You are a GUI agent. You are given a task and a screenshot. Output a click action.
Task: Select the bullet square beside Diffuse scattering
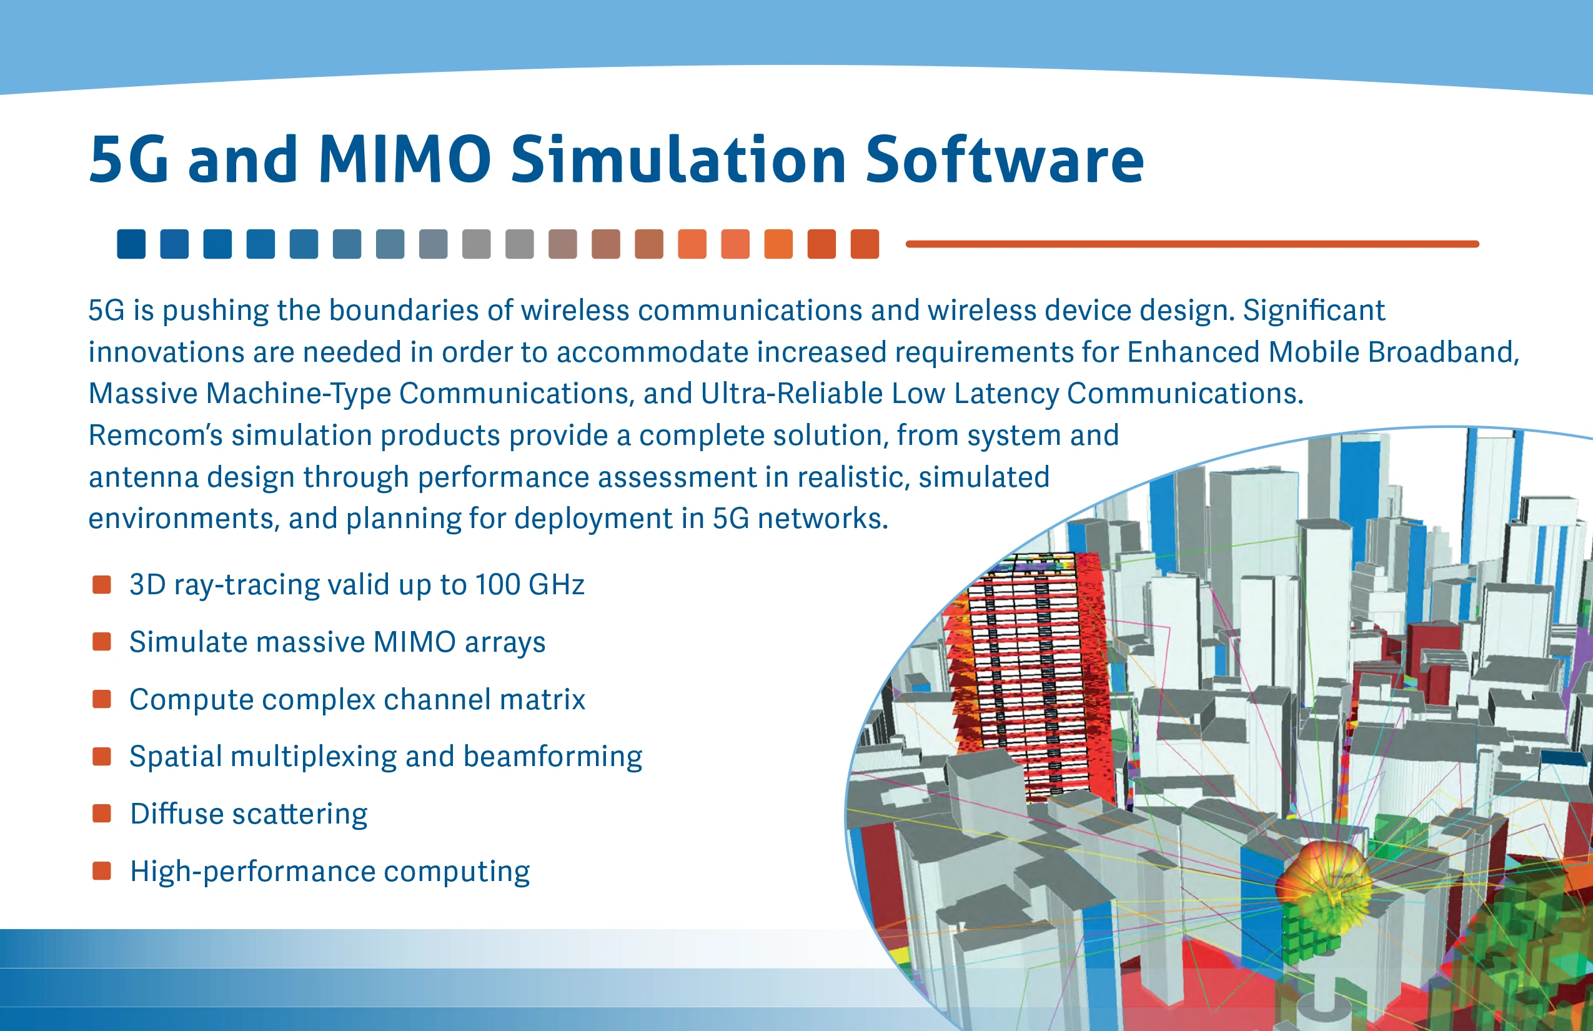click(x=102, y=814)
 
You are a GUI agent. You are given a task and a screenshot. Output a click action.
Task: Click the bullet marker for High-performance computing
click(x=102, y=871)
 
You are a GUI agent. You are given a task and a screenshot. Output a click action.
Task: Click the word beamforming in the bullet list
click(x=553, y=757)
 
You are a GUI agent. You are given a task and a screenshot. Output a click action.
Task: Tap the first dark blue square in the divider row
click(x=131, y=244)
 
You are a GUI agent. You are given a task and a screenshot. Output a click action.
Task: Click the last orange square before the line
click(x=865, y=244)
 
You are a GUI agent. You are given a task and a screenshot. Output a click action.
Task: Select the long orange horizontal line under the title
click(x=1192, y=244)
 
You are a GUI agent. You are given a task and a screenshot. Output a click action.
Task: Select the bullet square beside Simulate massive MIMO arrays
click(x=102, y=641)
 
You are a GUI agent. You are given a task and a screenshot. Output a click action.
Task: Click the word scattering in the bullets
click(x=299, y=815)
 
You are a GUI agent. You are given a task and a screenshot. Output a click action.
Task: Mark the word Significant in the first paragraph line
click(x=1314, y=310)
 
